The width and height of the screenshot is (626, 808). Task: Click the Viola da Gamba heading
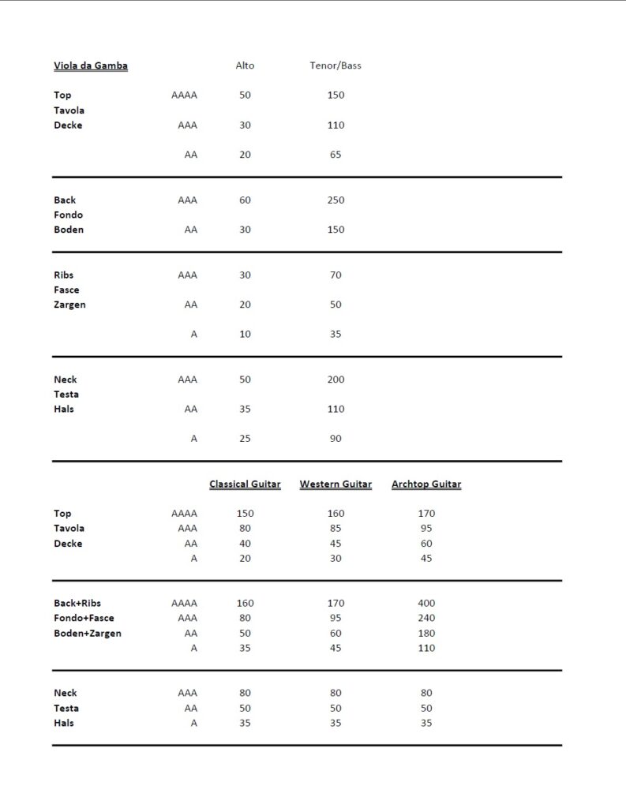point(91,65)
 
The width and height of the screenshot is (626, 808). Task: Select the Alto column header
point(245,65)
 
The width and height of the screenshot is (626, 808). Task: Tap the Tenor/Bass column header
point(335,65)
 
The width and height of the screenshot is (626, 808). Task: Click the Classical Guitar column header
point(245,484)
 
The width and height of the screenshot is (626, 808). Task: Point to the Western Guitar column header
point(335,484)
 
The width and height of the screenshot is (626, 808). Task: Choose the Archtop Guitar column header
point(426,484)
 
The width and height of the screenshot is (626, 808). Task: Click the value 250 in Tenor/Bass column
point(335,200)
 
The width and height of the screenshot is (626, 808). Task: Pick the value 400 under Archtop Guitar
point(426,603)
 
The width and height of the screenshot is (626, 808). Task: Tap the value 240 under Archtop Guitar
point(426,618)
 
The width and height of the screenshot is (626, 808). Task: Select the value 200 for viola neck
point(335,380)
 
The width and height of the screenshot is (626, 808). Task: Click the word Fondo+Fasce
point(84,618)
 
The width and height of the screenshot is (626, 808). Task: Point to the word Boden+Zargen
point(88,633)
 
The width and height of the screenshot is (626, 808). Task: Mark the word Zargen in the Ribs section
point(69,305)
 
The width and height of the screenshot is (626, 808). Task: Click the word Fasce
point(66,290)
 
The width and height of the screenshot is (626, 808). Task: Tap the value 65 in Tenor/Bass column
point(335,155)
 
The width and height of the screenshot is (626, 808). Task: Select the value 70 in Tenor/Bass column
point(335,275)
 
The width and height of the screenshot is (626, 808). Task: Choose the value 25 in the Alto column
point(245,438)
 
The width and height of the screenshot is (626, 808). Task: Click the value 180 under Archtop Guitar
point(426,633)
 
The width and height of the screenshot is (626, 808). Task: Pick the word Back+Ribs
point(77,603)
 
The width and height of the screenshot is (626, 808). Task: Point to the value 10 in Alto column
point(245,334)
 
